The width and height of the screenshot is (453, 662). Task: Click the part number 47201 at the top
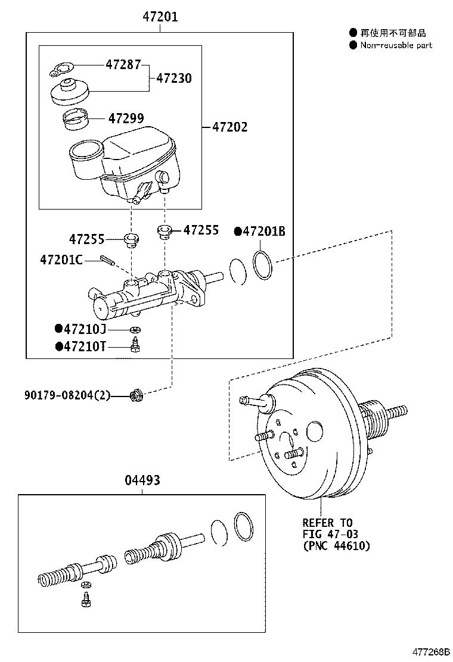160,17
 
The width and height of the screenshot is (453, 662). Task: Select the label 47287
123,64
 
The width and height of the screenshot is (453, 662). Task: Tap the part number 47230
174,78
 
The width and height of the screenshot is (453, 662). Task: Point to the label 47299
126,118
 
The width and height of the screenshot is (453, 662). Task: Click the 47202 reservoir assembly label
230,127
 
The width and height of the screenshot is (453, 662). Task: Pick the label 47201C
61,260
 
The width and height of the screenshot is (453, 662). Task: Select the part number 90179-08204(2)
67,395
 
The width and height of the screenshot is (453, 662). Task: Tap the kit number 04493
142,480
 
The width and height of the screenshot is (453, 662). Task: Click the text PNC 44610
340,545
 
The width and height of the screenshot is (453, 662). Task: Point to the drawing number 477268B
431,652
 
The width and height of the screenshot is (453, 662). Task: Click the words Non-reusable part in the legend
396,45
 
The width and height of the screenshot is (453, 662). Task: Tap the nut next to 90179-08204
136,396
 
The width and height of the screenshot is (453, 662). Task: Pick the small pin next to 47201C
107,260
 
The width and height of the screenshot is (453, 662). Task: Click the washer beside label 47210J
135,330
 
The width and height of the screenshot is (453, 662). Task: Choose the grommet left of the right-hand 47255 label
164,232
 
